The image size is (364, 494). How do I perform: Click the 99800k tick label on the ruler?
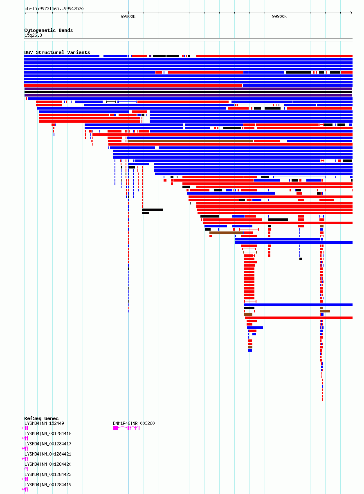(x=128, y=16)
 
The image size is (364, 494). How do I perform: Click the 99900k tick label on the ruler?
(x=279, y=16)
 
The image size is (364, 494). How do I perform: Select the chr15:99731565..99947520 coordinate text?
(x=54, y=9)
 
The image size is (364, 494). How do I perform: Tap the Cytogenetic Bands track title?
(x=49, y=30)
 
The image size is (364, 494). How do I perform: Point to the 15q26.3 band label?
(x=33, y=35)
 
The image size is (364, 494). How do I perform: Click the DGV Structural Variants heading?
(x=57, y=52)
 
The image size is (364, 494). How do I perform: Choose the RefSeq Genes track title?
(x=41, y=418)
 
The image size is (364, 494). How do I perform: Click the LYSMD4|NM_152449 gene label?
(x=44, y=423)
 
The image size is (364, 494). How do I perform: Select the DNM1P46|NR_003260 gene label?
(x=134, y=423)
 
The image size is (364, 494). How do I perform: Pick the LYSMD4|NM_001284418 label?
(x=48, y=433)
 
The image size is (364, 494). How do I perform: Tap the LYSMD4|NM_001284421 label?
(x=48, y=454)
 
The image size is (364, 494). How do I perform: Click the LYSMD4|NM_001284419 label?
(x=48, y=485)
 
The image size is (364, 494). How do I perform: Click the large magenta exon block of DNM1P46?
(x=115, y=428)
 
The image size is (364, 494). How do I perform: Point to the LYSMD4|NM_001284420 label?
(x=48, y=464)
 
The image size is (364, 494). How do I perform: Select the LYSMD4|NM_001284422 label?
(x=48, y=474)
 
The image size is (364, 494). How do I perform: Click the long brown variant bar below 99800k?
(x=190, y=141)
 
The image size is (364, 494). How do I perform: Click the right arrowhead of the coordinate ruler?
(x=351, y=13)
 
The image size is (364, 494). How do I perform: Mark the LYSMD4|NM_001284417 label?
(x=48, y=444)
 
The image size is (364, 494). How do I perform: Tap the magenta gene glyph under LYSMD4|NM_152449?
(x=25, y=428)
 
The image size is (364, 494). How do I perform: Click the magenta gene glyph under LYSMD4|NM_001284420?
(x=26, y=469)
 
